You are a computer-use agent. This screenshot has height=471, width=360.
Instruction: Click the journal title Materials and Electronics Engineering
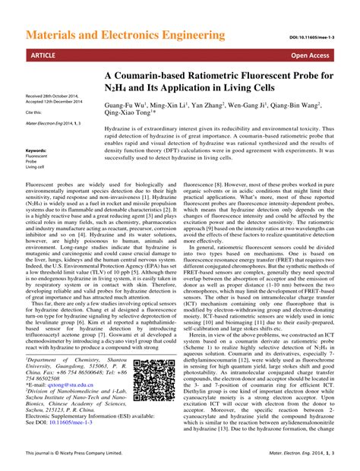(x=121, y=35)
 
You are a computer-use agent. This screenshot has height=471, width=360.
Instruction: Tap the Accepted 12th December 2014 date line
(x=54, y=103)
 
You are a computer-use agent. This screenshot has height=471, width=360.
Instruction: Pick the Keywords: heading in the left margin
(x=36, y=150)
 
